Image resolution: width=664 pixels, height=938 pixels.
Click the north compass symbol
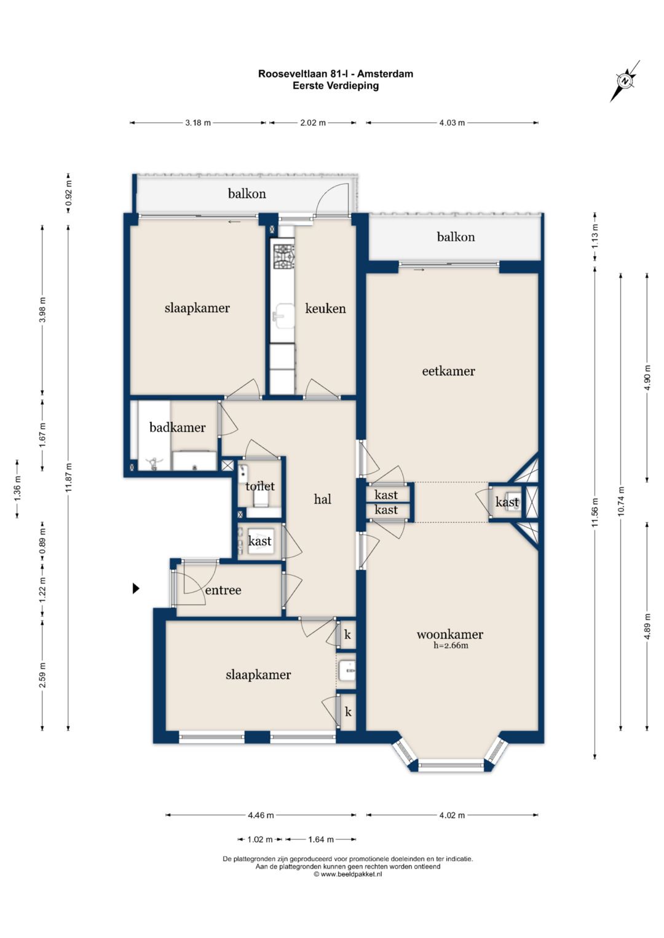point(625,81)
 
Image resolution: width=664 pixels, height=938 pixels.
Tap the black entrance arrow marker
point(136,588)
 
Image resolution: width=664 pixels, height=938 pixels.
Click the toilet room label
point(260,486)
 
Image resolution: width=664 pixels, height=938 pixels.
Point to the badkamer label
point(177,427)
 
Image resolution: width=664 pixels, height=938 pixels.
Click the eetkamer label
point(449,371)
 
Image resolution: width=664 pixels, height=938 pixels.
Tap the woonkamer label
point(450,635)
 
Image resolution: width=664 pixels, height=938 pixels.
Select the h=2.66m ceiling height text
point(451,645)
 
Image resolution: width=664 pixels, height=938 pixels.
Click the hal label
point(322,499)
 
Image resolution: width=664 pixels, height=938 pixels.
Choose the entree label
point(223,590)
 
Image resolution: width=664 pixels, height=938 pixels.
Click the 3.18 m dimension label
point(198,123)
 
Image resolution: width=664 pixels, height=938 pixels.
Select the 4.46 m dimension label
point(261,815)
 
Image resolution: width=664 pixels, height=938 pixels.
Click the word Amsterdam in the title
point(385,74)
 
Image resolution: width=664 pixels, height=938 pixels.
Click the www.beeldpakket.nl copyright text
point(348,874)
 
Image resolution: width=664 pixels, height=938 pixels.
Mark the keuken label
point(325,308)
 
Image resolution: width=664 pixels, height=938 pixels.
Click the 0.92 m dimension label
point(69,193)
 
